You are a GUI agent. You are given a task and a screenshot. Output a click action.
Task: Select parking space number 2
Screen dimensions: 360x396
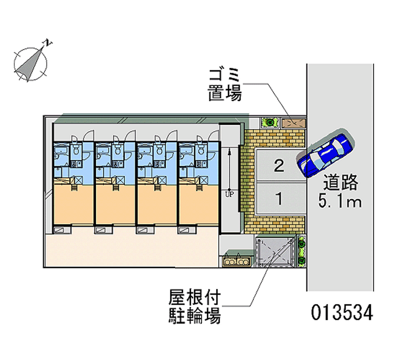(x=279, y=165)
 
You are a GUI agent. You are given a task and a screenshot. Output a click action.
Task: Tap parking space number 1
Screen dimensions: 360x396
(x=279, y=199)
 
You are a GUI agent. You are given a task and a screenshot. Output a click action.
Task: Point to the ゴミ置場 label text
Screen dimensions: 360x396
(x=225, y=84)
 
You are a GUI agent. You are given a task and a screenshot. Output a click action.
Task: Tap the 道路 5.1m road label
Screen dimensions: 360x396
(x=342, y=192)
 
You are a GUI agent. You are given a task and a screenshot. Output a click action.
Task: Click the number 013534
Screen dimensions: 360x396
(x=342, y=312)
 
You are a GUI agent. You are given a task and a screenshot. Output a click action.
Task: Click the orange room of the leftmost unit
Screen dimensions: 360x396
(x=72, y=203)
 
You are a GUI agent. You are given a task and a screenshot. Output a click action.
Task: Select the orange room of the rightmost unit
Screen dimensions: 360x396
(x=198, y=203)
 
